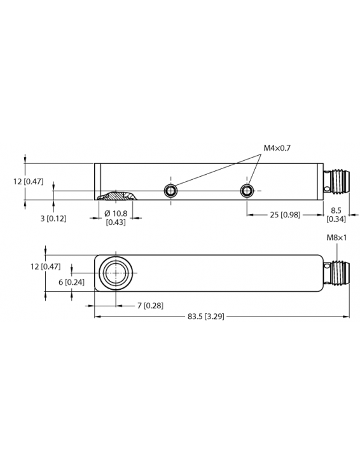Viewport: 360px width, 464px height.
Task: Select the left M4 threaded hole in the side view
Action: point(170,191)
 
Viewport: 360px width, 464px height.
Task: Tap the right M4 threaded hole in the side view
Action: point(247,191)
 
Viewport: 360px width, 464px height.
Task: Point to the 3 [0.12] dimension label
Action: point(53,218)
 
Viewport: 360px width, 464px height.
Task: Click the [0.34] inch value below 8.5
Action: point(336,219)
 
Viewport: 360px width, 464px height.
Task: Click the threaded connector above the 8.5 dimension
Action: point(335,182)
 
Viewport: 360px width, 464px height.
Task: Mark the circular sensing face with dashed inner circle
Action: point(116,274)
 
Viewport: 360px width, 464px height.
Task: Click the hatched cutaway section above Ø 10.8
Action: point(116,195)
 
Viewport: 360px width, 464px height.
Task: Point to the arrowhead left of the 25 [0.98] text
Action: point(249,215)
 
